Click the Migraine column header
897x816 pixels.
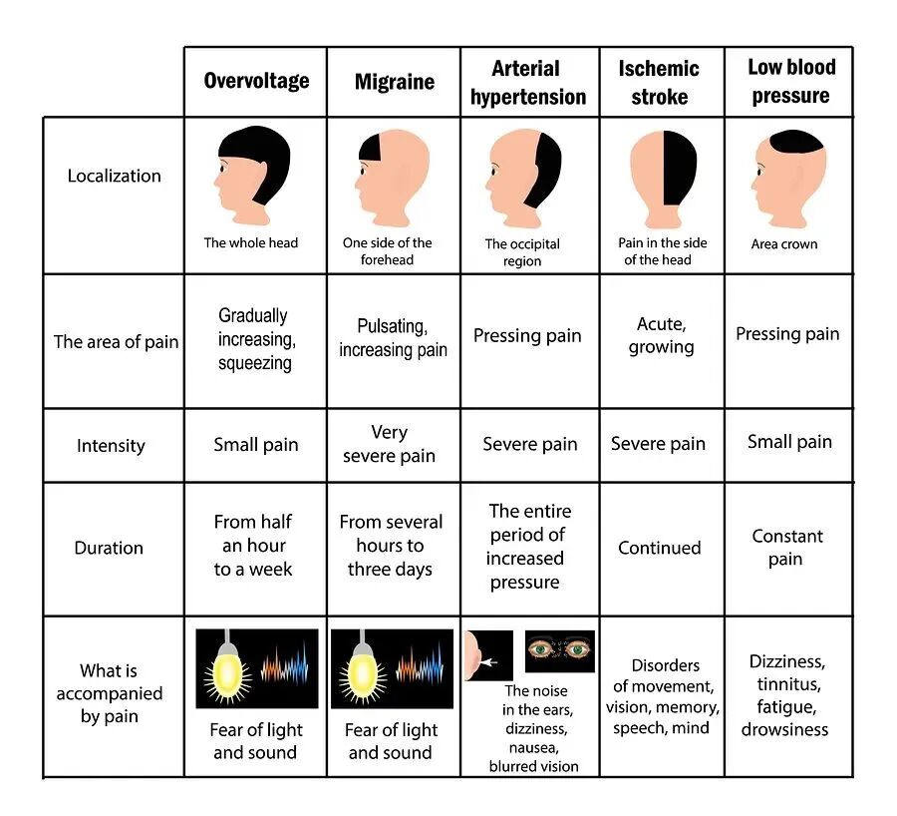pyautogui.click(x=394, y=82)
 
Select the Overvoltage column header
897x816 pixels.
pyautogui.click(x=256, y=81)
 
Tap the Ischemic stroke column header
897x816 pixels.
pyautogui.click(x=659, y=83)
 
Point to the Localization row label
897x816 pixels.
pyautogui.click(x=114, y=176)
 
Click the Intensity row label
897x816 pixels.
pyautogui.click(x=111, y=446)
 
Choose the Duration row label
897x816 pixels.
pyautogui.click(x=109, y=548)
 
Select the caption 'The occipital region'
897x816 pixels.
pyautogui.click(x=522, y=252)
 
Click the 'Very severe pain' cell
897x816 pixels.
pyautogui.click(x=389, y=444)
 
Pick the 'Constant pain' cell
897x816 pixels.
pyautogui.click(x=787, y=548)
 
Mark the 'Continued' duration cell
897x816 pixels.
pyautogui.click(x=659, y=548)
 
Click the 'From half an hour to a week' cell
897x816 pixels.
pyautogui.click(x=253, y=546)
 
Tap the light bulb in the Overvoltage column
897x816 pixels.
pyautogui.click(x=228, y=669)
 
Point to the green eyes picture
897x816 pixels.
pyautogui.click(x=559, y=650)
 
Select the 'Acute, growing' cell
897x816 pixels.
pyautogui.click(x=661, y=335)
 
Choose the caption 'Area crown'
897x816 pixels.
pyautogui.click(x=785, y=243)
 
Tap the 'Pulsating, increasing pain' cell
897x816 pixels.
pyautogui.click(x=393, y=338)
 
